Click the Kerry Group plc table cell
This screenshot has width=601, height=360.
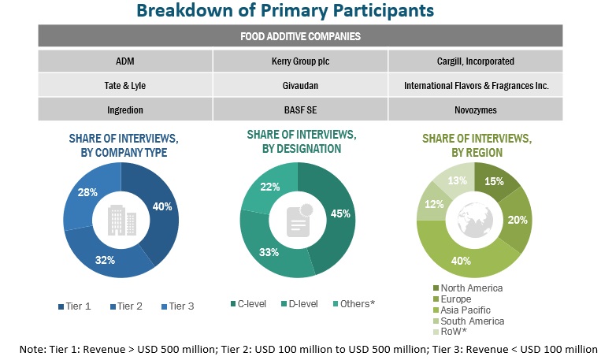[x=300, y=60]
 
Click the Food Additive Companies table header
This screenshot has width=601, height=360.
[x=300, y=36]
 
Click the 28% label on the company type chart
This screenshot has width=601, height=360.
[x=88, y=192]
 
